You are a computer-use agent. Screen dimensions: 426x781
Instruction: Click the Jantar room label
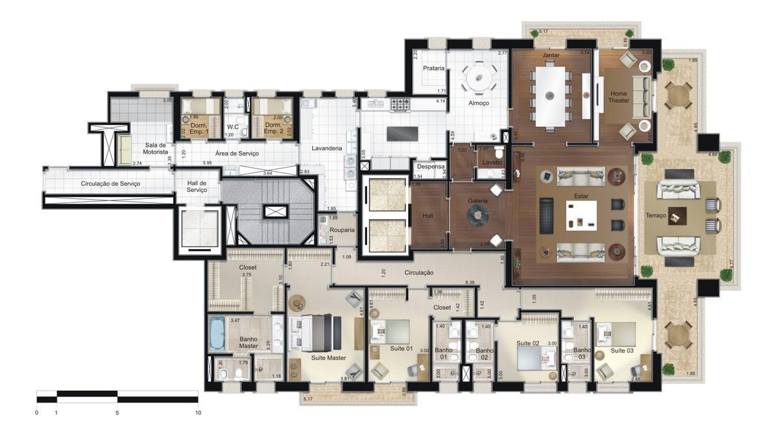click(x=551, y=55)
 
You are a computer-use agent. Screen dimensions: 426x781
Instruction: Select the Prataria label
click(x=433, y=68)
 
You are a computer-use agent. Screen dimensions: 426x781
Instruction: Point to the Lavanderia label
click(x=326, y=148)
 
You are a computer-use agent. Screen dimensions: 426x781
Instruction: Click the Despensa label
click(x=430, y=166)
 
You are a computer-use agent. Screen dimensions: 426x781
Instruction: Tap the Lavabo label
click(x=489, y=162)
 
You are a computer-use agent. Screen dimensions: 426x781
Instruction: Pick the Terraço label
click(x=655, y=215)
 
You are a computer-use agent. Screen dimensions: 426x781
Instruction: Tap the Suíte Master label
click(x=328, y=358)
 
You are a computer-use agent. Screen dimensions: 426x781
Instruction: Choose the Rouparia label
click(x=342, y=230)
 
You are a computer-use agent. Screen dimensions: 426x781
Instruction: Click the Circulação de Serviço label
click(x=110, y=183)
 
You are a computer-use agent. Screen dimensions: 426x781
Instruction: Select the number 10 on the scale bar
click(x=198, y=412)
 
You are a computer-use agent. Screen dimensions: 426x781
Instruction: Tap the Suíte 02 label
click(x=528, y=343)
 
